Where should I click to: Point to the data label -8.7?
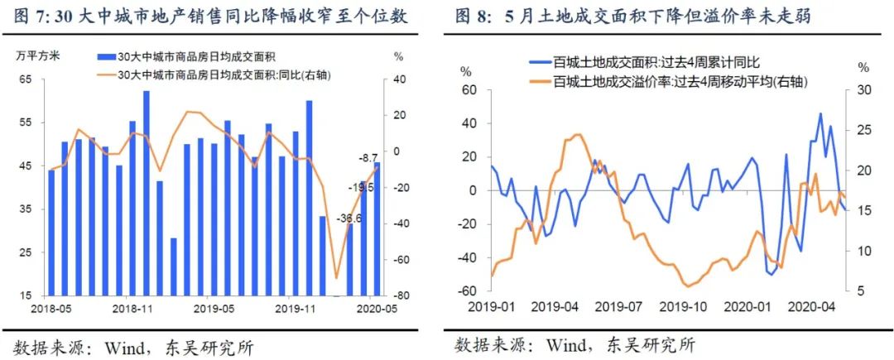[x=367, y=156]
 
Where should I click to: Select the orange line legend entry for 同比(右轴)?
[x=207, y=74]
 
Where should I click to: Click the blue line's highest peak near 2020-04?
[x=820, y=114]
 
